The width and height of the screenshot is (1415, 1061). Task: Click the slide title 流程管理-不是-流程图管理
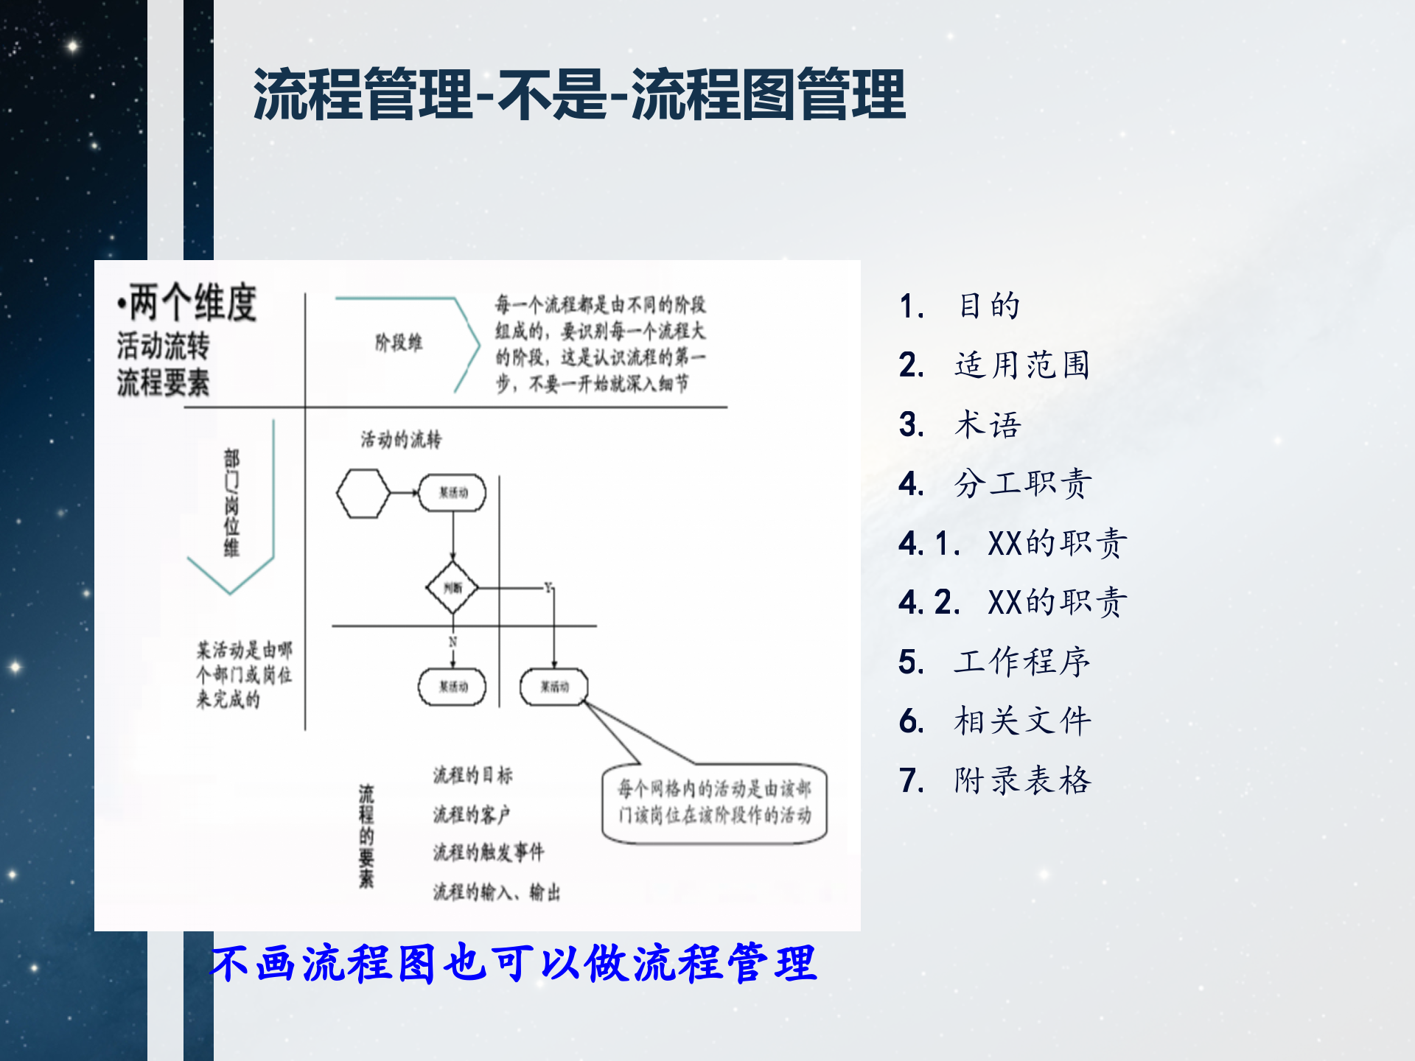pyautogui.click(x=579, y=94)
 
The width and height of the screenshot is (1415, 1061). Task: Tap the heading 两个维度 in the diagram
pyautogui.click(x=187, y=302)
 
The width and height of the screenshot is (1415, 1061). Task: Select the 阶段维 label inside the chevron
pyautogui.click(x=399, y=343)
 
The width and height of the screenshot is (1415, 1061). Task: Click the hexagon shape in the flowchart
pyautogui.click(x=363, y=493)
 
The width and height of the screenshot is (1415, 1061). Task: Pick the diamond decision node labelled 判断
pyautogui.click(x=453, y=587)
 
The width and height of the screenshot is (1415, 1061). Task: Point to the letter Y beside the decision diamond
pyautogui.click(x=548, y=586)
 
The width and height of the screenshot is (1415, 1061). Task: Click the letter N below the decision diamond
pyautogui.click(x=453, y=642)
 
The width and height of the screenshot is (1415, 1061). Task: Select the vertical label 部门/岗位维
pyautogui.click(x=231, y=503)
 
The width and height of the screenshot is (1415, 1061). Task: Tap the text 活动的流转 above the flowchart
pyautogui.click(x=401, y=440)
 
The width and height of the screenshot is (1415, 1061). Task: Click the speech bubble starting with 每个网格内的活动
pyautogui.click(x=714, y=802)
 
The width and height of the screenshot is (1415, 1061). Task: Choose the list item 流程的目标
pyautogui.click(x=472, y=774)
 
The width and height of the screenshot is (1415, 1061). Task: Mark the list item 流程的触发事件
pyautogui.click(x=488, y=852)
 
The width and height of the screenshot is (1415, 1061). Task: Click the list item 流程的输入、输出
pyautogui.click(x=496, y=892)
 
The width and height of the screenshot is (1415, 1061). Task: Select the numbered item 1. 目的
pyautogui.click(x=960, y=306)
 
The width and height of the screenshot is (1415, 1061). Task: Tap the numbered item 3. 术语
pyautogui.click(x=960, y=424)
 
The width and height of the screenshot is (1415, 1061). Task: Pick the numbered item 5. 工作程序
pyautogui.click(x=994, y=662)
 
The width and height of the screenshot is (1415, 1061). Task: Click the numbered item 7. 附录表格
pyautogui.click(x=994, y=780)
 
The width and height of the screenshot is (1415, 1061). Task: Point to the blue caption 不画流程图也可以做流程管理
pyautogui.click(x=514, y=963)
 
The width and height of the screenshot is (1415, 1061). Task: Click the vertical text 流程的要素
pyautogui.click(x=366, y=836)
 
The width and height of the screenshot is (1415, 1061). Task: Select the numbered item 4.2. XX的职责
pyautogui.click(x=1013, y=603)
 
